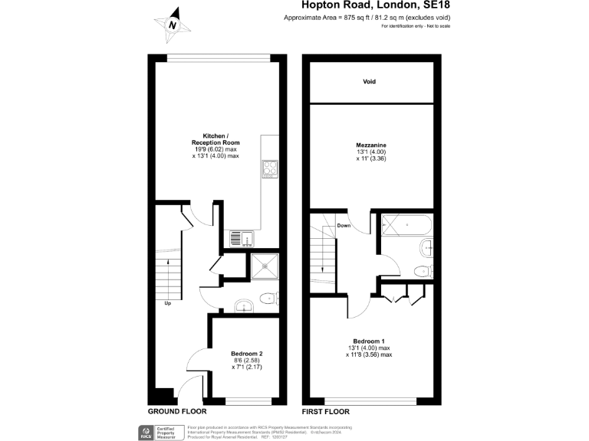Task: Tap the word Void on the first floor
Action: click(370, 81)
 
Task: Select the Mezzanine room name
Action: click(370, 145)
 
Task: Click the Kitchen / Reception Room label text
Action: click(216, 138)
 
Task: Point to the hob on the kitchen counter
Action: click(270, 168)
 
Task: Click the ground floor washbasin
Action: click(243, 306)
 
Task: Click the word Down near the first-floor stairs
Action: click(344, 225)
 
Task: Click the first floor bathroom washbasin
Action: click(427, 247)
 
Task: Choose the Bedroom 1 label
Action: click(369, 341)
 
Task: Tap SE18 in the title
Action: click(419, 7)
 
